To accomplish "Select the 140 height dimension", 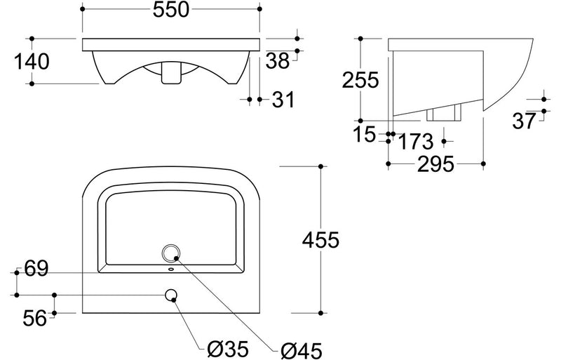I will pyautogui.click(x=31, y=62).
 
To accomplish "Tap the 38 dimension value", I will pyautogui.click(x=278, y=62).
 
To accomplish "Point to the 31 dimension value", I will pyautogui.click(x=282, y=100).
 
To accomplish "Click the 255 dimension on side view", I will pyautogui.click(x=360, y=80).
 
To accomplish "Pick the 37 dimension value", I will pyautogui.click(x=524, y=121).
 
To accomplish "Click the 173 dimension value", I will pyautogui.click(x=414, y=141).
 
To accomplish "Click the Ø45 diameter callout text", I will pyautogui.click(x=302, y=347).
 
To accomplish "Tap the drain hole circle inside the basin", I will pyautogui.click(x=171, y=253).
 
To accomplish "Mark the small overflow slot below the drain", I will pyautogui.click(x=171, y=269).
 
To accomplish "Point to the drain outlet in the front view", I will pyautogui.click(x=170, y=73).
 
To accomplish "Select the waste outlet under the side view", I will pyautogui.click(x=445, y=114).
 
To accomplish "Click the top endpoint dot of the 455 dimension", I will pyautogui.click(x=320, y=166).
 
